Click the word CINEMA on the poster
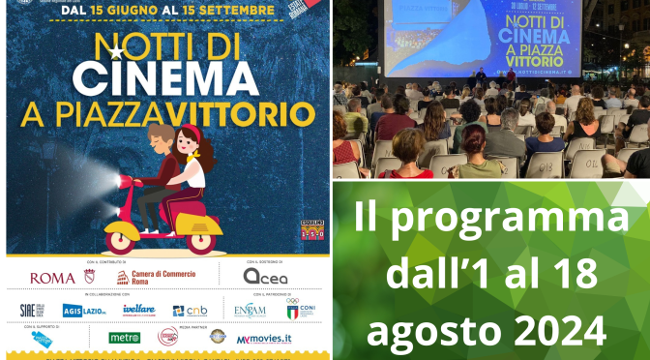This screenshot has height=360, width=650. click(x=165, y=76)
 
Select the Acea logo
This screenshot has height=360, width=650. click(x=265, y=277)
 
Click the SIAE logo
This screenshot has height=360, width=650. click(x=32, y=311)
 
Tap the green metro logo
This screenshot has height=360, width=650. click(x=125, y=338)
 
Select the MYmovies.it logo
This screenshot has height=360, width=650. click(x=263, y=338)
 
